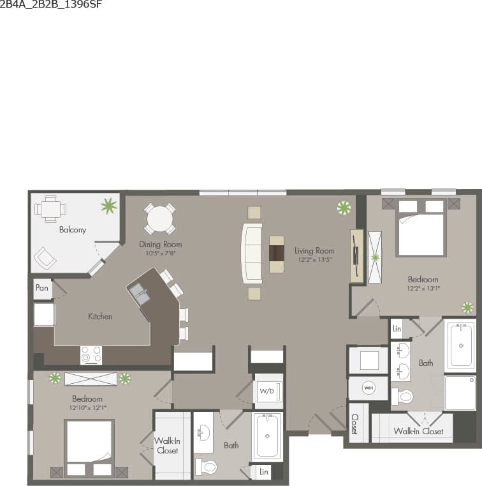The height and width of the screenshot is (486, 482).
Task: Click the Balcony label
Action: (x=72, y=229)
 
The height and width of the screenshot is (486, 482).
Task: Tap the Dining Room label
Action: (x=160, y=244)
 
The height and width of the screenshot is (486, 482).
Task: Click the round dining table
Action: (x=160, y=220)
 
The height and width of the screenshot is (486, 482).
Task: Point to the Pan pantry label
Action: (x=41, y=288)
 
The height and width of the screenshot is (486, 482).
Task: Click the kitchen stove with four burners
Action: (x=91, y=354)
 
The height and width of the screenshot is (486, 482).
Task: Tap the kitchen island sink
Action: (x=140, y=294)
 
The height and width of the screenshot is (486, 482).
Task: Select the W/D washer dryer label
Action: (x=267, y=391)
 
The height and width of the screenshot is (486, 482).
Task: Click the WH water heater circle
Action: (x=369, y=388)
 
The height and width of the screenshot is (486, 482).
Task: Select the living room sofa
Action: (x=251, y=254)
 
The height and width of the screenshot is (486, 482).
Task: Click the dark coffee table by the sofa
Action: (x=277, y=254)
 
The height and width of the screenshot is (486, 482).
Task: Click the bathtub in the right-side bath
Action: (x=460, y=345)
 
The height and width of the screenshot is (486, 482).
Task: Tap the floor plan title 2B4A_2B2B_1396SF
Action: (x=51, y=4)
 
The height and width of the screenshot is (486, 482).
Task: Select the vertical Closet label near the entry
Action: (x=354, y=423)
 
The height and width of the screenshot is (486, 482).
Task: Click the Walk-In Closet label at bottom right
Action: (x=418, y=431)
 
